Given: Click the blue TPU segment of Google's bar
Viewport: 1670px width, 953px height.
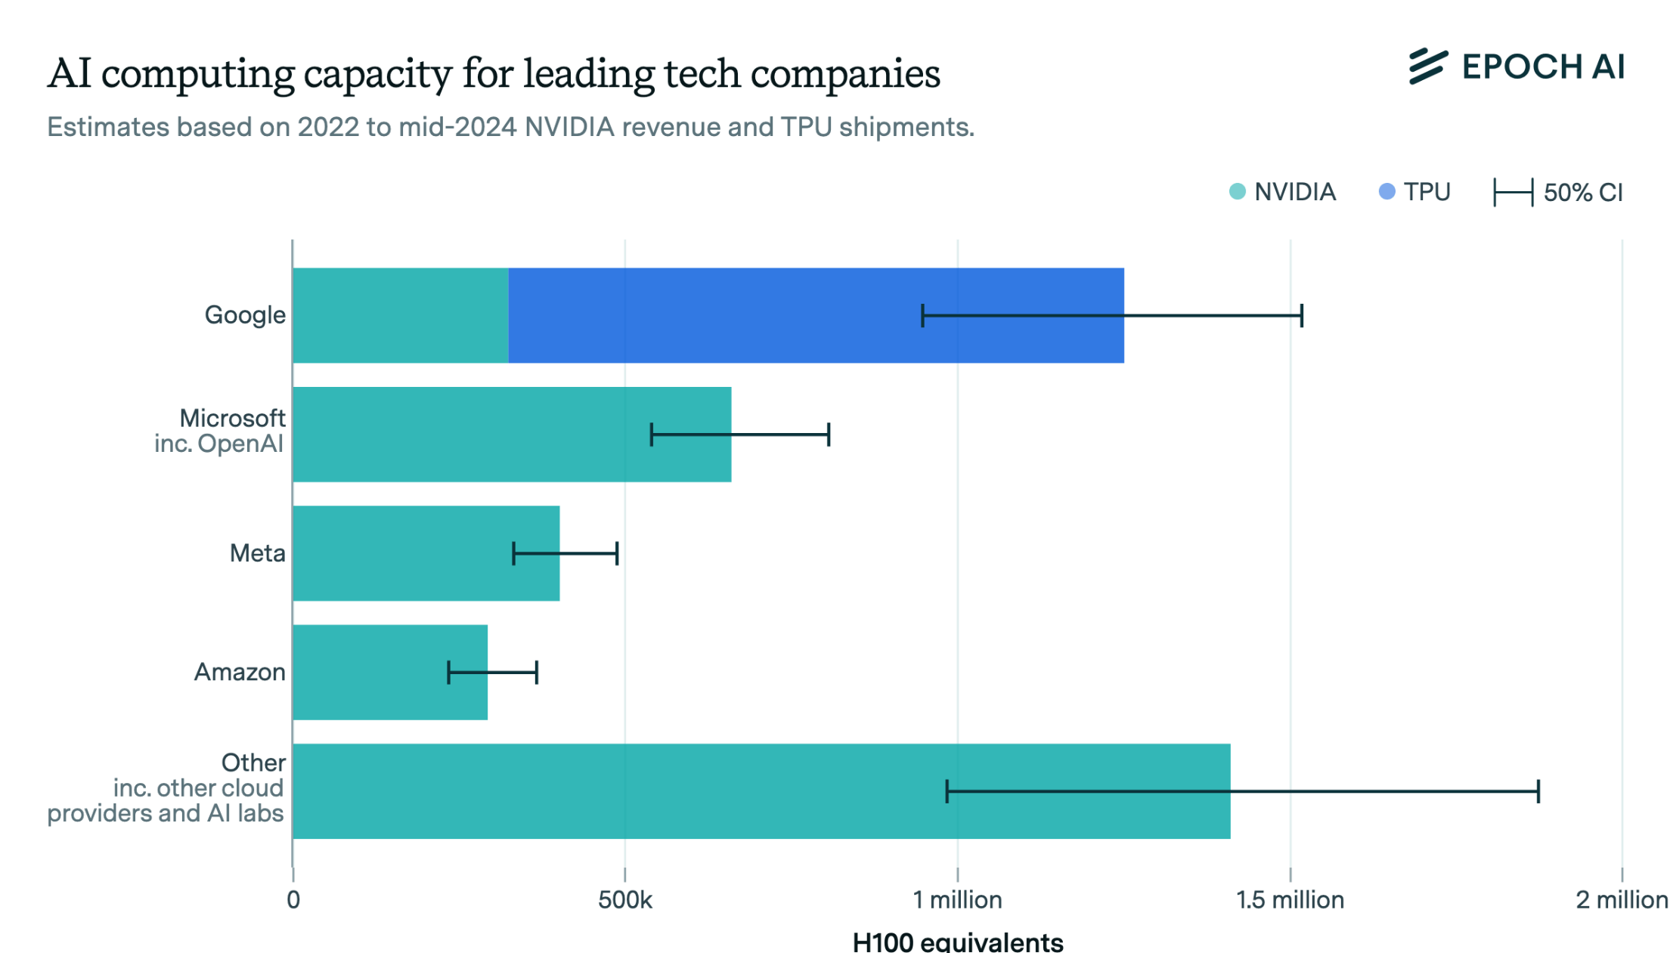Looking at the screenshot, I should pos(756,315).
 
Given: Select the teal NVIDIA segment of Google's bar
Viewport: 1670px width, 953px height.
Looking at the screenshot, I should pos(400,315).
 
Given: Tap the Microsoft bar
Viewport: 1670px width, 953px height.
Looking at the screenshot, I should pos(469,434).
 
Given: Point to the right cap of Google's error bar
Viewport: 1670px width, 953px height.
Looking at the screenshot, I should pos(1301,315).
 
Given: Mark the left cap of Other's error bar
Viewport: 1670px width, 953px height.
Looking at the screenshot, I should pos(947,791).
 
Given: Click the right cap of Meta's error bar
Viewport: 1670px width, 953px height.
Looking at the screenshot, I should pos(617,553).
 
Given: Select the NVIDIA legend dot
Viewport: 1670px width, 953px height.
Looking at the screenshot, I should pos(1237,192).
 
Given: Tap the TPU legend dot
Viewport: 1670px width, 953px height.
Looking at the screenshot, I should pos(1387,192).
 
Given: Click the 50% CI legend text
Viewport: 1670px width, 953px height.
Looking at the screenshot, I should pos(1582,193).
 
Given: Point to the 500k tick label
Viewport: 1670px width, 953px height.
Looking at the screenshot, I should pos(624,900).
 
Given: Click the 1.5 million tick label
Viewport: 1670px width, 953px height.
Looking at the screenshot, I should pos(1290,900).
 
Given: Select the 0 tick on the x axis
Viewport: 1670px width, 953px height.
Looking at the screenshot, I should pos(293,900).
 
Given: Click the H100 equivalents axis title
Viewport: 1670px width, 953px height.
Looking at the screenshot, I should pos(957,942).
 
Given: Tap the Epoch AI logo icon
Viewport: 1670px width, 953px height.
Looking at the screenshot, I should pos(1427,67).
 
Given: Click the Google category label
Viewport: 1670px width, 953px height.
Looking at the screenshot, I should pos(245,315).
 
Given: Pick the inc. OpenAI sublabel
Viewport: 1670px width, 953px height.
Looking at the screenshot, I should pos(218,444).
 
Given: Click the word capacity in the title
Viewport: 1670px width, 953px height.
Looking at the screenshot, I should pos(378,75).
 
